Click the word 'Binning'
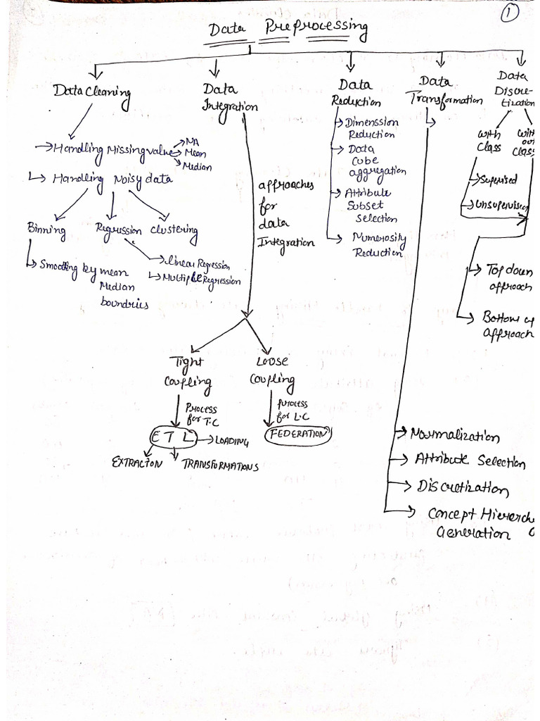[46, 230]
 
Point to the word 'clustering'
[174, 232]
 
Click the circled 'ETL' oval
[172, 438]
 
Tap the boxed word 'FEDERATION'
[297, 434]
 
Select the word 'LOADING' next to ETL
[232, 441]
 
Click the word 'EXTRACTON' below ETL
[137, 463]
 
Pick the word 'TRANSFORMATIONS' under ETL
[220, 465]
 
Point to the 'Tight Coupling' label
[188, 372]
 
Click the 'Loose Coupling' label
[272, 370]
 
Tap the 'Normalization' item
[454, 436]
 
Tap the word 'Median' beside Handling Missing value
[196, 167]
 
